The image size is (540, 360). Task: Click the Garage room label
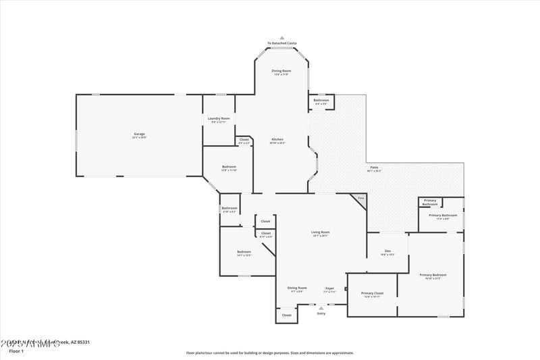pyautogui.click(x=139, y=134)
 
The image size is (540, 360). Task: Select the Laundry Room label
pyautogui.click(x=220, y=119)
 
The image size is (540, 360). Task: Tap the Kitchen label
pyautogui.click(x=277, y=140)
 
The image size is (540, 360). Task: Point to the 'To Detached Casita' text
pyautogui.click(x=282, y=43)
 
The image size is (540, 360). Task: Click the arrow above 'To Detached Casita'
pyautogui.click(x=282, y=38)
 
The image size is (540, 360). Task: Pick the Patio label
pyautogui.click(x=374, y=168)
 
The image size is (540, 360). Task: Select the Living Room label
pyautogui.click(x=320, y=232)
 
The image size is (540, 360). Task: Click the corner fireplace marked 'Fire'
pyautogui.click(x=360, y=198)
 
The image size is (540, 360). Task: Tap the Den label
pyautogui.click(x=387, y=251)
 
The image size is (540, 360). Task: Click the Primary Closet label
pyautogui.click(x=372, y=293)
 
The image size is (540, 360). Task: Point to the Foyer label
pyautogui.click(x=329, y=288)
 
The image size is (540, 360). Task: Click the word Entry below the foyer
pyautogui.click(x=321, y=313)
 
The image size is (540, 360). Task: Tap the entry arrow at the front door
pyautogui.click(x=321, y=308)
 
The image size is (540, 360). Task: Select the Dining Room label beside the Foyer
pyautogui.click(x=297, y=288)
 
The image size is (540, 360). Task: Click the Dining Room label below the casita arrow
pyautogui.click(x=281, y=71)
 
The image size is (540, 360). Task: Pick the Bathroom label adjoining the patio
pyautogui.click(x=321, y=101)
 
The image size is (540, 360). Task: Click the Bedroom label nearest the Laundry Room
pyautogui.click(x=230, y=167)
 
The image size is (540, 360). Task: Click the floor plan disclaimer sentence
pyautogui.click(x=269, y=353)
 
